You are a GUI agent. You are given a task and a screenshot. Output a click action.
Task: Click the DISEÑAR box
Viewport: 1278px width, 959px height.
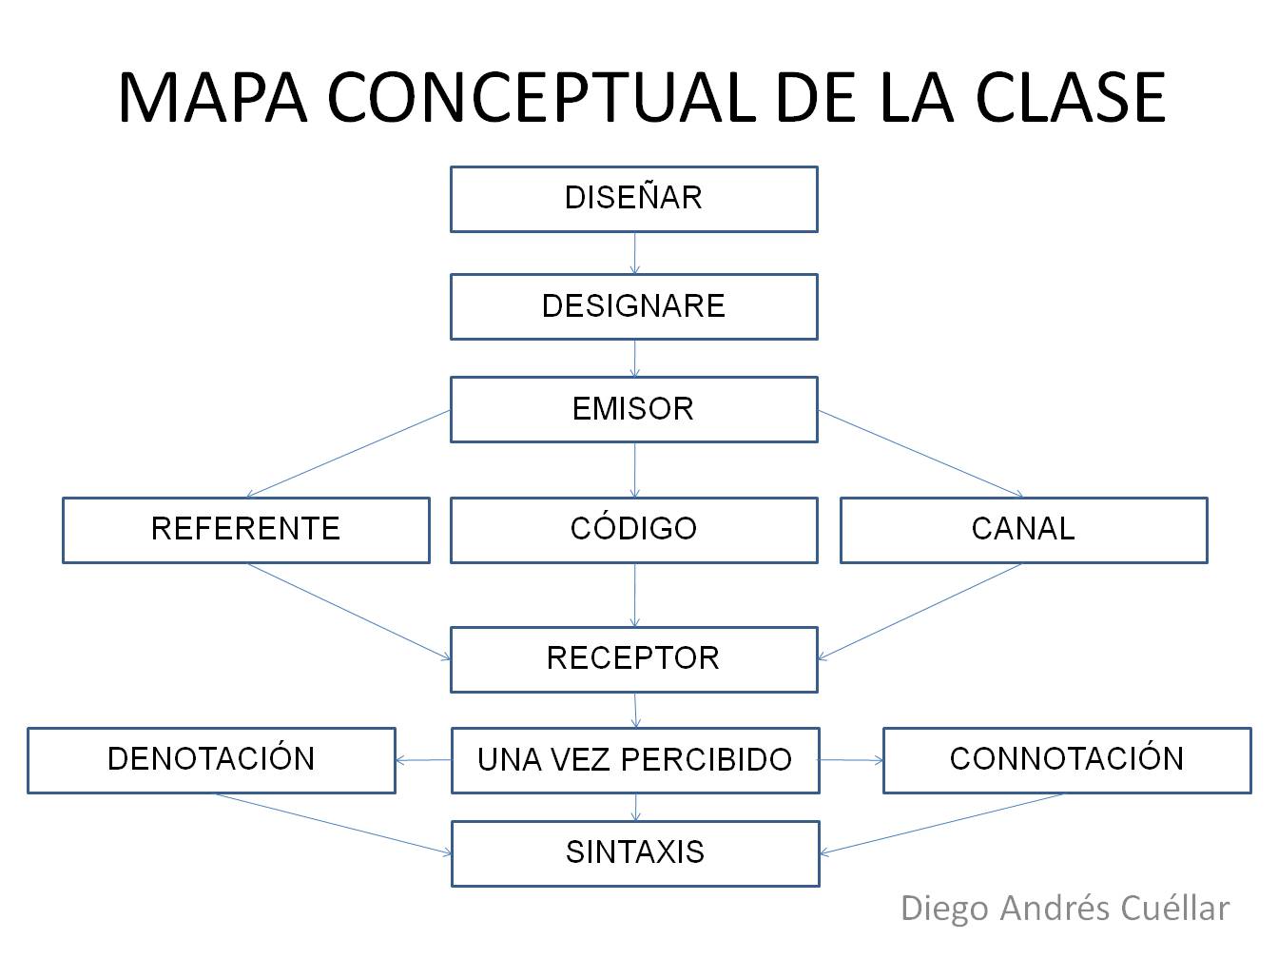(x=633, y=199)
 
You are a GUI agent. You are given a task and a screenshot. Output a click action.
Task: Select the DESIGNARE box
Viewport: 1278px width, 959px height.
(x=633, y=306)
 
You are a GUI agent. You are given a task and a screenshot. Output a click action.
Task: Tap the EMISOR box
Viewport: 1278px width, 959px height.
(x=633, y=409)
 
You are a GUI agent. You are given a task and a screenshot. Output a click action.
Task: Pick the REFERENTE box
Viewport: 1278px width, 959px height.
(x=245, y=529)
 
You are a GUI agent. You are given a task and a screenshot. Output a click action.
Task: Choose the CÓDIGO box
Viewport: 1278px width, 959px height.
(x=633, y=529)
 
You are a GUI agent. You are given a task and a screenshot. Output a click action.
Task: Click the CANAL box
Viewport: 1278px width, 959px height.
(x=1023, y=529)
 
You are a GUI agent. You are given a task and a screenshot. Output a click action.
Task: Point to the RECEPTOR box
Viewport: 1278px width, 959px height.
(x=633, y=658)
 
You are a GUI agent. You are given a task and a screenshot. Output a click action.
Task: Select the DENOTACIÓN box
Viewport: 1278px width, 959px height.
(x=211, y=759)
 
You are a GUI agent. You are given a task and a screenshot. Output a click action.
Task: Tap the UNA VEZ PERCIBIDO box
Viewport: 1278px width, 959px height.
(x=634, y=759)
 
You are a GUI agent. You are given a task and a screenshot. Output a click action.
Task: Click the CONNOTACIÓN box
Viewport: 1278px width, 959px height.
(x=1066, y=759)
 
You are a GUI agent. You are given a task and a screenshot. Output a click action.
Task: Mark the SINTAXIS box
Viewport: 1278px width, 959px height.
(x=634, y=852)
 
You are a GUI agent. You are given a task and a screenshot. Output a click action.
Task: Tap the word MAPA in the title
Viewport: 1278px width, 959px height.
(x=213, y=98)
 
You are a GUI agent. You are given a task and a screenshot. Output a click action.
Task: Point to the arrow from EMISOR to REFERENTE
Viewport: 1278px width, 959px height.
(x=348, y=454)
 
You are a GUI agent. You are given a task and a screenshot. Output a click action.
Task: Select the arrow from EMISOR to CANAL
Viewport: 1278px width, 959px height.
(x=920, y=454)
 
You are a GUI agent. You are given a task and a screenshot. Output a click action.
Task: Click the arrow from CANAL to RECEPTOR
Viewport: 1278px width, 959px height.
(x=920, y=611)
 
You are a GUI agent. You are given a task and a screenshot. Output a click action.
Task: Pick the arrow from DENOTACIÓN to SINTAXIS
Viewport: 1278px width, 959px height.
(x=333, y=824)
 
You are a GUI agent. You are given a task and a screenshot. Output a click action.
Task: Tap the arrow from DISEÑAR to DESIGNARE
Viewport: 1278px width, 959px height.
(x=634, y=253)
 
